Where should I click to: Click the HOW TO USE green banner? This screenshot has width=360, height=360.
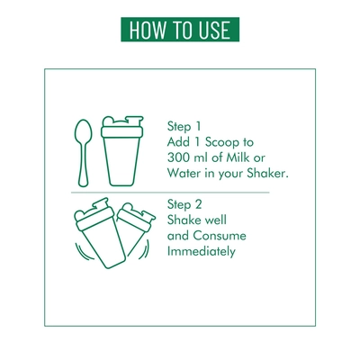[180, 30]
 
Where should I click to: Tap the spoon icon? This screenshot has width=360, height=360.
[83, 153]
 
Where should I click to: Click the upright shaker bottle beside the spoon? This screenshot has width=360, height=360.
[122, 151]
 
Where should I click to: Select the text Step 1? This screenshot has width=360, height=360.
[184, 126]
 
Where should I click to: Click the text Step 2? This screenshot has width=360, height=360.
[184, 204]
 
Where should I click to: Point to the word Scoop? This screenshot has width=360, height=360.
[219, 142]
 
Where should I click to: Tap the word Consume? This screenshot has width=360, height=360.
[220, 236]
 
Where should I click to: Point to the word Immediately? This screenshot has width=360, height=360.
[202, 251]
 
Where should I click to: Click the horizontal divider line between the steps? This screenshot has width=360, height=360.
[170, 193]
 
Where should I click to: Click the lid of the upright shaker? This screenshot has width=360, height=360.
[122, 127]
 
